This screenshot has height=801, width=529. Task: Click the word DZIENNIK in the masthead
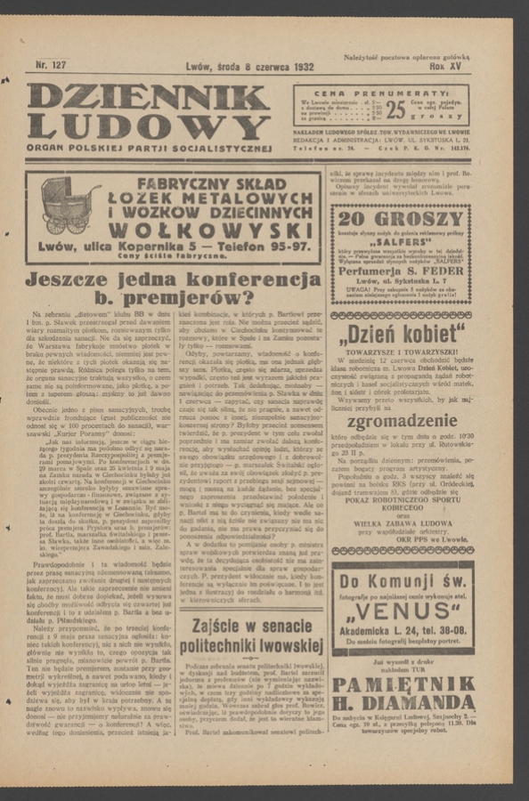(x=148, y=97)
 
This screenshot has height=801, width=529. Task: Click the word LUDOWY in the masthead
(x=148, y=126)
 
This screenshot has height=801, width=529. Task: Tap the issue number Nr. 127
(x=51, y=65)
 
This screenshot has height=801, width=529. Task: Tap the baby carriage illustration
(x=69, y=206)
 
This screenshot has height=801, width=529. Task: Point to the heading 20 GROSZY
(x=400, y=218)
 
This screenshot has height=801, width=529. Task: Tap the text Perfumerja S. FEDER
(x=401, y=271)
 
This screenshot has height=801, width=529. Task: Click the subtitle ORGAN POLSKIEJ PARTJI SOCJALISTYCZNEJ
(x=149, y=148)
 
